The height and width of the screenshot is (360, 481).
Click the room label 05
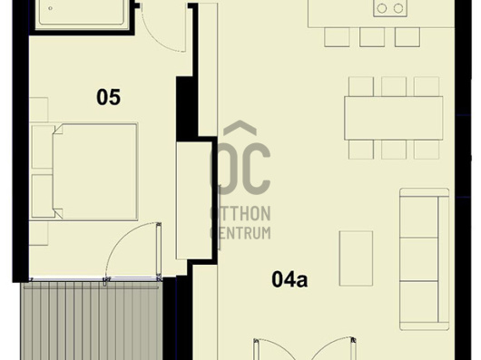109,97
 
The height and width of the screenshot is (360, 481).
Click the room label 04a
290,279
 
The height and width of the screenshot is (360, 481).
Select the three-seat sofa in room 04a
424,259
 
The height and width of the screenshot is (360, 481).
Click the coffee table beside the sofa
356,258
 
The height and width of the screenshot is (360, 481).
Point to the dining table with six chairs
394,118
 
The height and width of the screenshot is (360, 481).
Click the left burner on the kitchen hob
382,8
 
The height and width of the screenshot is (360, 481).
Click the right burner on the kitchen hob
398,8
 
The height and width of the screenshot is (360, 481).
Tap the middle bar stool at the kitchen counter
372,37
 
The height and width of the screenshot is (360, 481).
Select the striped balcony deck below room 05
92,321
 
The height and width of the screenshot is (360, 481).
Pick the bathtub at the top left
82,13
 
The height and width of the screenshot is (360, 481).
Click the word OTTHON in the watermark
240,213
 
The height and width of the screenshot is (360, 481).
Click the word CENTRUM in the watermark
240,232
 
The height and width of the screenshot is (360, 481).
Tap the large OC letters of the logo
240,168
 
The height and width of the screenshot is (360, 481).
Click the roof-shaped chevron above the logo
240,127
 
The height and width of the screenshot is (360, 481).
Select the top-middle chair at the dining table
394,86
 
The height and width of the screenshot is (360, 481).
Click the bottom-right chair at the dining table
427,150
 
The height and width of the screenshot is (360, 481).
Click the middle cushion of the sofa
419,259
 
